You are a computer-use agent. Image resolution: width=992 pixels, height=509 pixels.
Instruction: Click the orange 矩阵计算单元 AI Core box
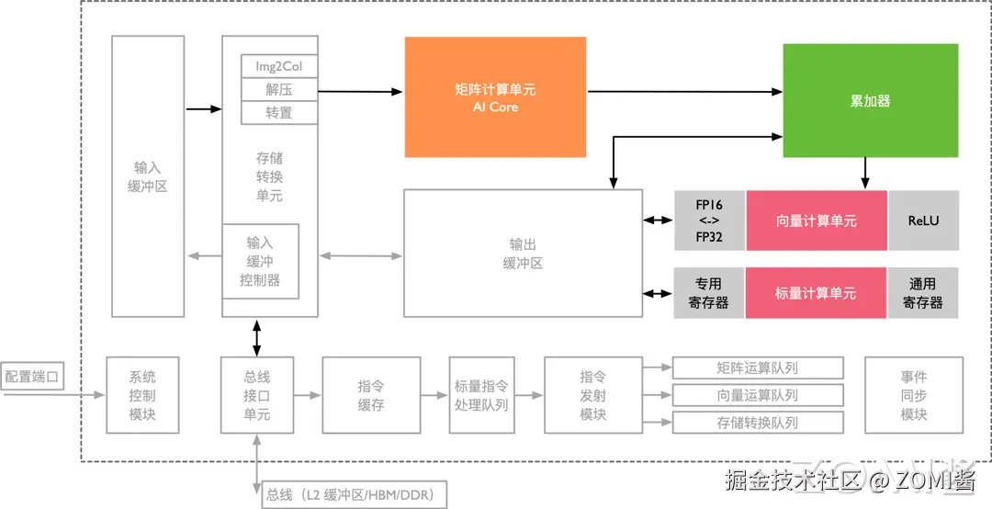tap(495, 96)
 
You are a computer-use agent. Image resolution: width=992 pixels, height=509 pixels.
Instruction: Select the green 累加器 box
tap(870, 100)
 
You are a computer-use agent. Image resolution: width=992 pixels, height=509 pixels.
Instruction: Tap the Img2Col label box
tap(279, 67)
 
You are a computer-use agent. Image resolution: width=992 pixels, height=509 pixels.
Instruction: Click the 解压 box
tap(279, 90)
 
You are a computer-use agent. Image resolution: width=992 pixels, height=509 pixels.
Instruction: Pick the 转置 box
tap(279, 113)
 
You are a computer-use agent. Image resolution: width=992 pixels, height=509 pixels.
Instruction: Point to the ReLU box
tap(923, 221)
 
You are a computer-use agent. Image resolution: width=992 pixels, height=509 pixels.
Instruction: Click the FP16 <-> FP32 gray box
tap(709, 221)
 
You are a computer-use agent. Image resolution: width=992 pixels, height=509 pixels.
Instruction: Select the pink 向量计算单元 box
tap(817, 221)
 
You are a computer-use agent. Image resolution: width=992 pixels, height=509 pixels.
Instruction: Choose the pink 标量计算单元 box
tap(816, 293)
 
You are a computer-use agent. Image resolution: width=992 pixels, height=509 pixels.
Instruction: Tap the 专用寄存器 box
tap(709, 293)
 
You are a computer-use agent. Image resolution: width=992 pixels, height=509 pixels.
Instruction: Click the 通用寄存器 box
tap(922, 293)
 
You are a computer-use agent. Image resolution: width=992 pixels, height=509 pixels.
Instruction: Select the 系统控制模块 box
tap(142, 395)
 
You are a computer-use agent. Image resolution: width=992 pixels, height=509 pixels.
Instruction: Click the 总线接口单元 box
tap(257, 395)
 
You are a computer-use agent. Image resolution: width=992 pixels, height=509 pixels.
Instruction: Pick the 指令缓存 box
tap(371, 395)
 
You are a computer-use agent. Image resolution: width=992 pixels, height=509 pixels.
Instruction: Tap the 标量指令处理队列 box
tap(480, 395)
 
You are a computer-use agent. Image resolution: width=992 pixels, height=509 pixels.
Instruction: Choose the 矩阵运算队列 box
tap(758, 368)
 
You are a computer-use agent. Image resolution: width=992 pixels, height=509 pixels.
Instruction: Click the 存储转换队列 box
tap(758, 423)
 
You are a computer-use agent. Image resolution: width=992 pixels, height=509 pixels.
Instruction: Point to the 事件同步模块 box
tap(914, 395)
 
